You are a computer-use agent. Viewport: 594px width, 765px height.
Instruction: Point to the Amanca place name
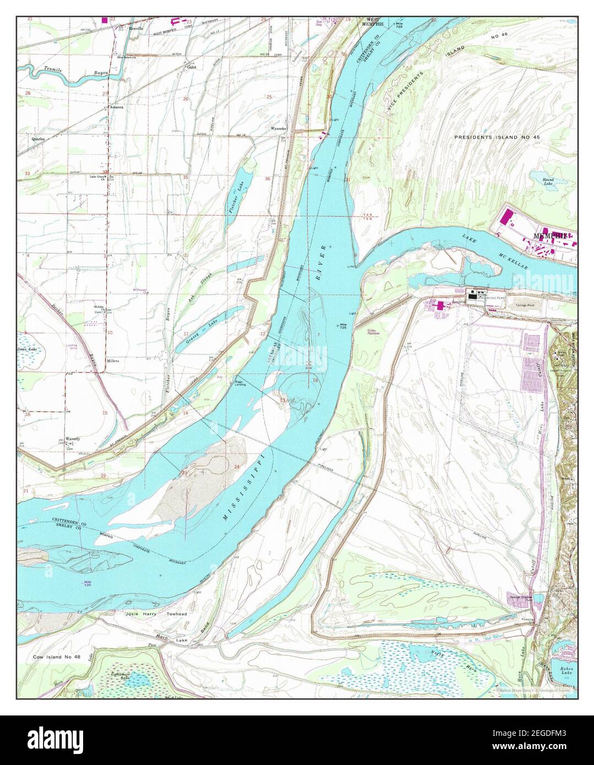pyautogui.click(x=116, y=107)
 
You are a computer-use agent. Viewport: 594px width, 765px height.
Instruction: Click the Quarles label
pyautogui.click(x=38, y=139)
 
